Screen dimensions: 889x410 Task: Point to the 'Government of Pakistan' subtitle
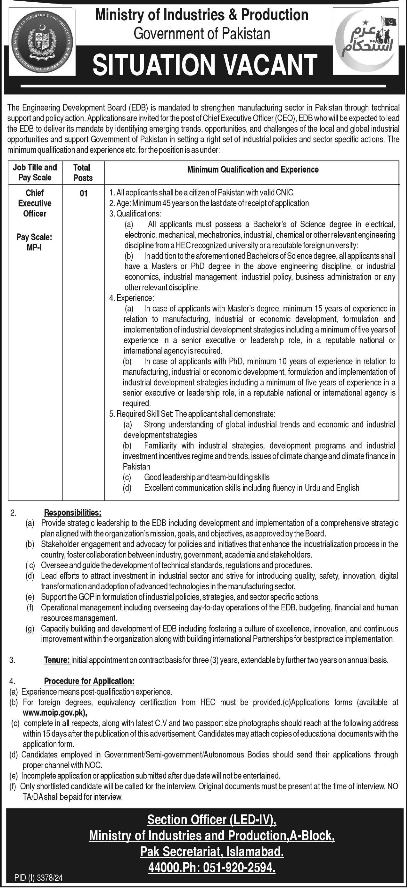[202, 34]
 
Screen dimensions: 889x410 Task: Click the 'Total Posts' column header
[83, 173]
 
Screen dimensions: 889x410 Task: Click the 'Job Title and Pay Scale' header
[35, 172]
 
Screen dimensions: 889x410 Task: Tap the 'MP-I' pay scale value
[34, 248]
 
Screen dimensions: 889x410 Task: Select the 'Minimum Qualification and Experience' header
[253, 169]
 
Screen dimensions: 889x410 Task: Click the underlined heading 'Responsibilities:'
[72, 512]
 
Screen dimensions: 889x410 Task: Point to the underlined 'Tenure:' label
[57, 661]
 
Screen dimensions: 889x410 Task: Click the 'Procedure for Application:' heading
[89, 681]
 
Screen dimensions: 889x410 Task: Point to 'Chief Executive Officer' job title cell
[35, 203]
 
